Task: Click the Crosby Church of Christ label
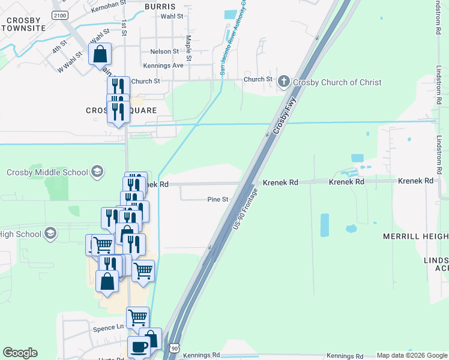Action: pyautogui.click(x=337, y=82)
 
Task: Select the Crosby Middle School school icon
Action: pyautogui.click(x=96, y=172)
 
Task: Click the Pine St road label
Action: pyautogui.click(x=218, y=199)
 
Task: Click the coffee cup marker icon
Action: pyautogui.click(x=139, y=347)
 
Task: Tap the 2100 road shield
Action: pyautogui.click(x=59, y=15)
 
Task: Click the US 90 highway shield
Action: pyautogui.click(x=174, y=348)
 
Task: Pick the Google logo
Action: pyautogui.click(x=20, y=353)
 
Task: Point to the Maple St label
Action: pyautogui.click(x=188, y=49)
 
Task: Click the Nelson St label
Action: pyautogui.click(x=164, y=52)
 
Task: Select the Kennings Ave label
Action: pyautogui.click(x=163, y=65)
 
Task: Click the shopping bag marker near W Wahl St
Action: pyautogui.click(x=100, y=54)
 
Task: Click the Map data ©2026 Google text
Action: pyautogui.click(x=411, y=355)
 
